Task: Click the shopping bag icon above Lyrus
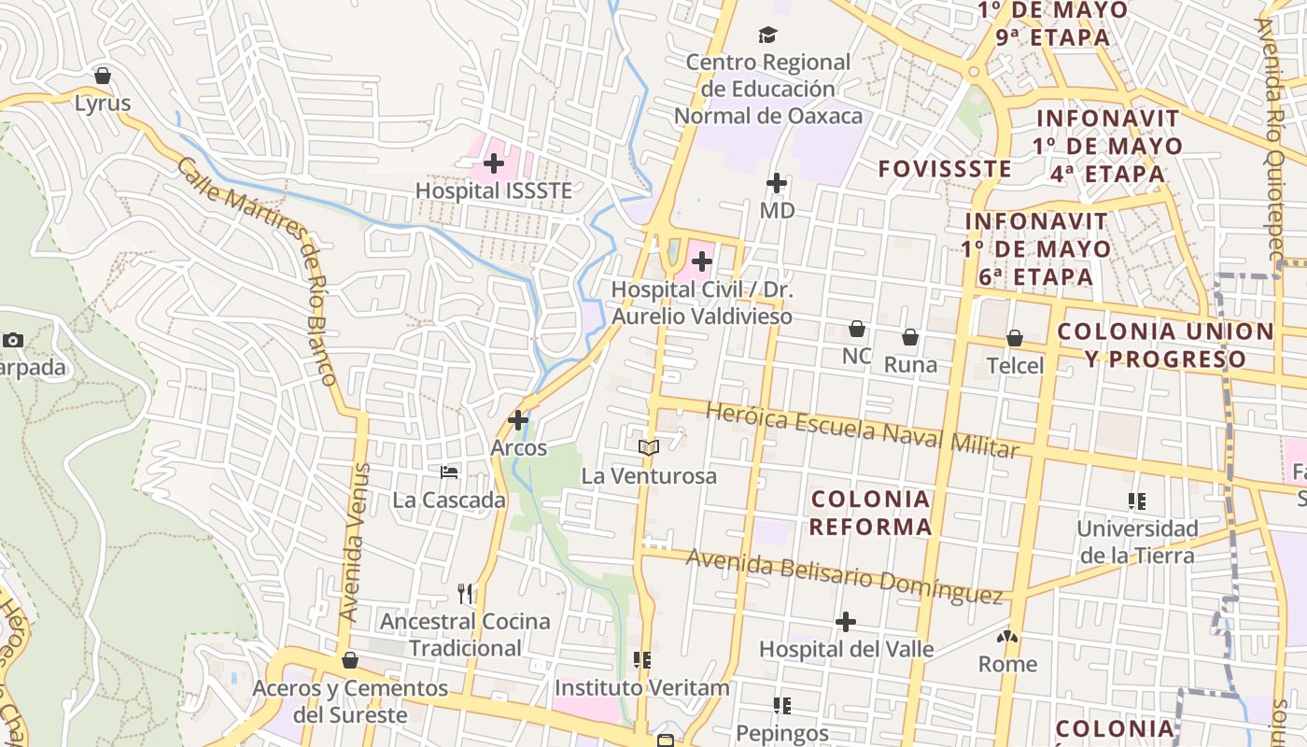[x=103, y=76]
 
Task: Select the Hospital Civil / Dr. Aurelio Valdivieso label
[x=702, y=303]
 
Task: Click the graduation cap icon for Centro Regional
[x=767, y=35]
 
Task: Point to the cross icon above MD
[x=776, y=183]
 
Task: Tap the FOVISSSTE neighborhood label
[x=945, y=169]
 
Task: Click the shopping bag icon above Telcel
[x=1015, y=338]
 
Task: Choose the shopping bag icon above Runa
[x=910, y=337]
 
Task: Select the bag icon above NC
[x=856, y=329]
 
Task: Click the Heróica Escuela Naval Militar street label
[x=862, y=430]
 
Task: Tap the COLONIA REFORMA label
[x=870, y=513]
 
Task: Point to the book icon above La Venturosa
[x=649, y=448]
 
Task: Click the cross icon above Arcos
[x=518, y=420]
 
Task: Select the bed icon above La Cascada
[x=449, y=472]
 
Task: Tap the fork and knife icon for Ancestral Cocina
[x=466, y=593]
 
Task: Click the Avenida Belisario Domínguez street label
[x=845, y=576]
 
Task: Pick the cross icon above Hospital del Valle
[x=846, y=622]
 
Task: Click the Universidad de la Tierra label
[x=1137, y=542]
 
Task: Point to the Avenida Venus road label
[x=351, y=543]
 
